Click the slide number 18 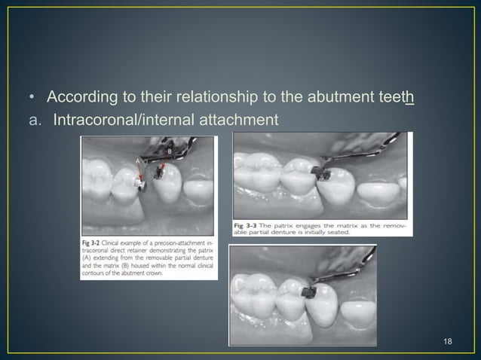click(448, 342)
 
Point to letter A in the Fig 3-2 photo click(137, 162)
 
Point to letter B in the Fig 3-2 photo click(169, 150)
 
